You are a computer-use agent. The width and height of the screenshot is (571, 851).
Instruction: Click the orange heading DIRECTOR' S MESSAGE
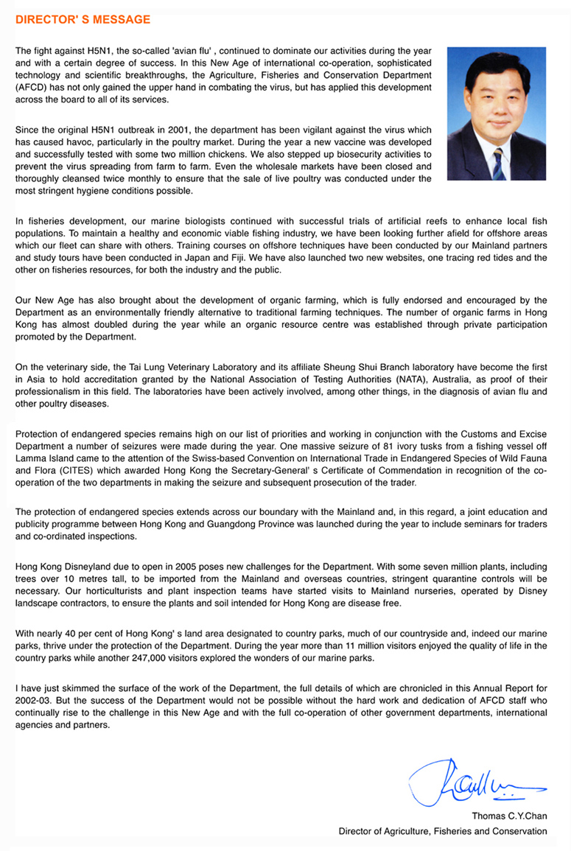83,19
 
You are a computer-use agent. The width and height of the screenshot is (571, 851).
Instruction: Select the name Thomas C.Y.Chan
510,816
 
